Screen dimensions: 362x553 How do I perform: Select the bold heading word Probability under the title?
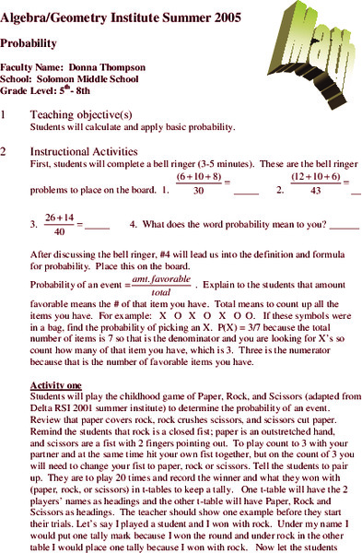[29, 42]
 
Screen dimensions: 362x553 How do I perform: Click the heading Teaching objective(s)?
[75, 114]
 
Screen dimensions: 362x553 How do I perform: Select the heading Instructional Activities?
[84, 151]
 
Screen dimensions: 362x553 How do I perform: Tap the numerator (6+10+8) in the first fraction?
[199, 176]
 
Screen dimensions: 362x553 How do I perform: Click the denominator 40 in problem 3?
[59, 231]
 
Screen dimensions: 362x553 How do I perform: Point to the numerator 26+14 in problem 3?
[59, 217]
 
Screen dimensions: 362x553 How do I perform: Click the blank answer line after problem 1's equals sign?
[246, 194]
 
